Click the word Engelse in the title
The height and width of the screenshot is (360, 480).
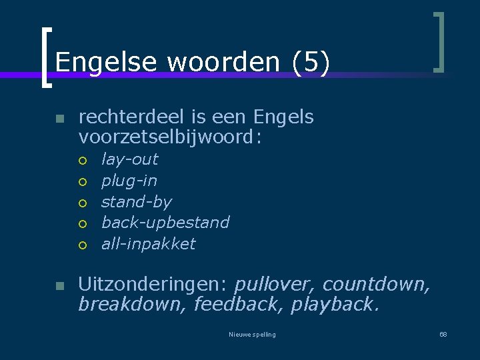(107, 63)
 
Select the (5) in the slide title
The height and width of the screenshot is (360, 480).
(311, 63)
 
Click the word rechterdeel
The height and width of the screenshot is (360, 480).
(132, 117)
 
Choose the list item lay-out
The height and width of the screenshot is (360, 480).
(129, 159)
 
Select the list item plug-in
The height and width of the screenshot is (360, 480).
(129, 181)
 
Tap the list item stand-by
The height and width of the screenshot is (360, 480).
(136, 202)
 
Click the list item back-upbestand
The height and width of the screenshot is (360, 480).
(165, 223)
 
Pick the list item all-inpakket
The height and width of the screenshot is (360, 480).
(148, 244)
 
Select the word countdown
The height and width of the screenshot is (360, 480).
(376, 285)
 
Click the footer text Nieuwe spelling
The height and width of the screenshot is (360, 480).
(252, 335)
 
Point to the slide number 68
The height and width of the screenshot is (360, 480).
(443, 334)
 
